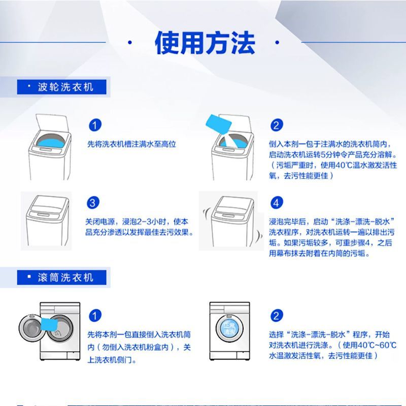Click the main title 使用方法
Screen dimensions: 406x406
205,43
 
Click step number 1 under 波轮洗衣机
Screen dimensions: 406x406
94,126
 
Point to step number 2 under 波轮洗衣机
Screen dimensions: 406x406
276,126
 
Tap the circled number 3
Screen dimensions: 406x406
93,204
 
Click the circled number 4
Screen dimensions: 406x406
276,204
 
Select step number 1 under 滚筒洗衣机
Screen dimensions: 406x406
94,316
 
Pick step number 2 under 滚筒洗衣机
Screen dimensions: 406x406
276,316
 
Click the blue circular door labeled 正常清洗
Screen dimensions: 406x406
229,328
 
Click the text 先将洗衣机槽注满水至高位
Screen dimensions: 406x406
131,145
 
